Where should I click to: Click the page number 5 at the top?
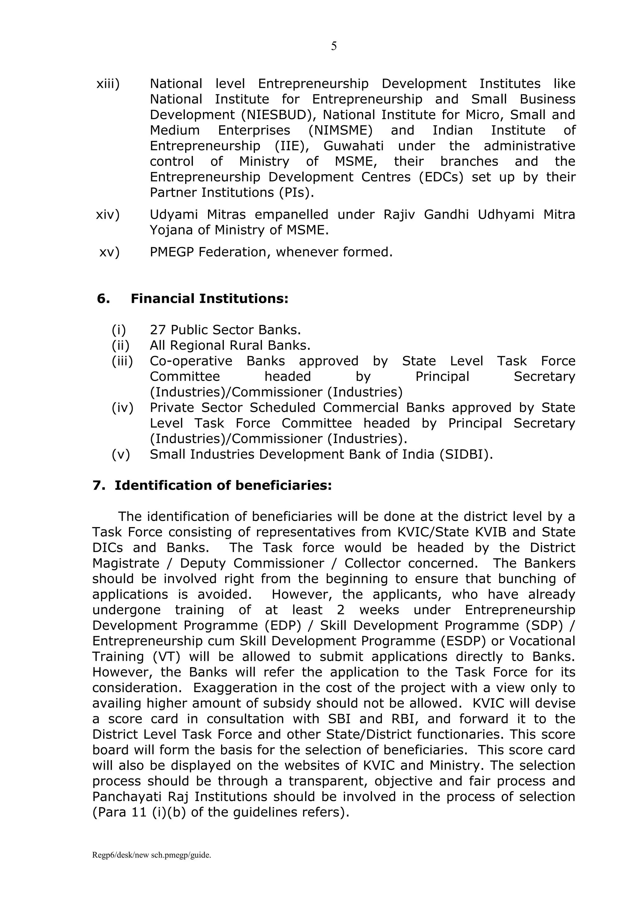[x=334, y=47]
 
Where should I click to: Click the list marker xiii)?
[x=108, y=84]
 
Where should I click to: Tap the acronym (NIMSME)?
[x=340, y=130]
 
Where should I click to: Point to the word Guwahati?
[x=353, y=146]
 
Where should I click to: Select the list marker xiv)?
[x=108, y=215]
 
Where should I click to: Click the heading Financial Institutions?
[x=209, y=299]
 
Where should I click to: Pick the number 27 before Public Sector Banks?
[x=158, y=330]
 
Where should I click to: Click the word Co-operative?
[x=191, y=361]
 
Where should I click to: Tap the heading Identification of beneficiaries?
[x=223, y=485]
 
